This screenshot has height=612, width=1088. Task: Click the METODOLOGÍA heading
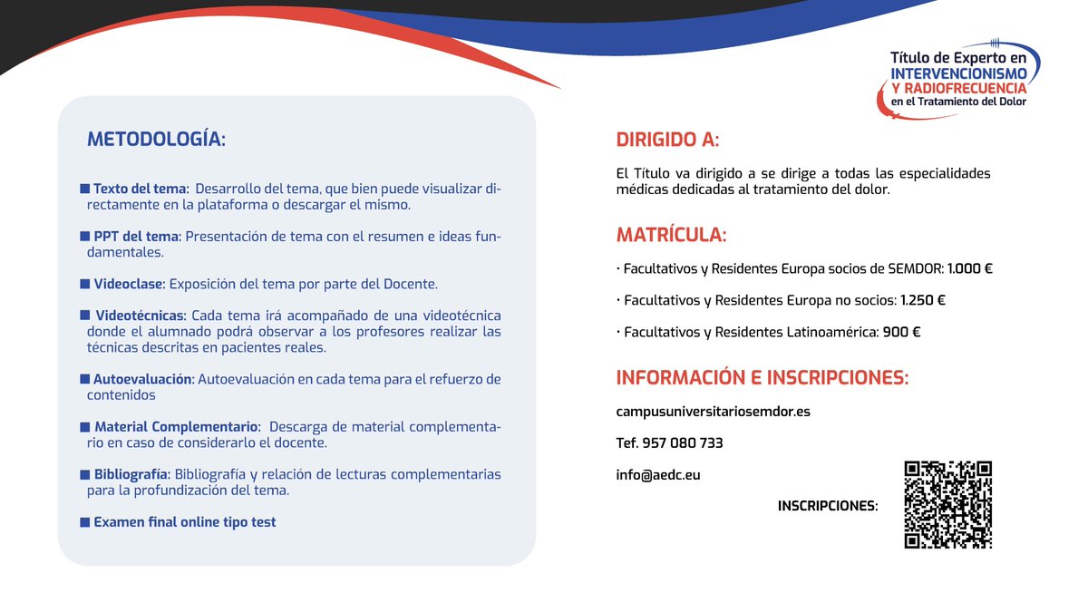click(x=155, y=140)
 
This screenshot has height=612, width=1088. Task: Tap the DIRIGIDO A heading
click(x=667, y=140)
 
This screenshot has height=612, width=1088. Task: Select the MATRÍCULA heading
click(x=671, y=235)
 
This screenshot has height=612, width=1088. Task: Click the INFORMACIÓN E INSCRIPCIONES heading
click(x=762, y=377)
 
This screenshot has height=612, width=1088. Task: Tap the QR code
click(x=947, y=505)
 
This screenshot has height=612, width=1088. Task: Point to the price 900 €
click(x=901, y=333)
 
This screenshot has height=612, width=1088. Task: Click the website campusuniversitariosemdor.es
click(x=713, y=412)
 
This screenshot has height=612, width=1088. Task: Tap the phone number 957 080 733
click(x=682, y=443)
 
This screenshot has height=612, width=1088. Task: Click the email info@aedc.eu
click(x=658, y=474)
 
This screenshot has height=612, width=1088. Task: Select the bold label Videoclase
click(x=129, y=284)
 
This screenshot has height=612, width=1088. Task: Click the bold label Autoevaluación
click(x=143, y=379)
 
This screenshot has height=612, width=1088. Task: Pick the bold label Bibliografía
click(x=131, y=474)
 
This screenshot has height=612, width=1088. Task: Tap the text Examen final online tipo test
click(x=184, y=522)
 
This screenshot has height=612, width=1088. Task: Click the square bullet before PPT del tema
click(x=85, y=237)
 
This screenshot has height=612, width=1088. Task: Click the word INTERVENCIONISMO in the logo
click(x=958, y=71)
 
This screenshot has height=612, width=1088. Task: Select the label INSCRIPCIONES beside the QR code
click(x=828, y=506)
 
